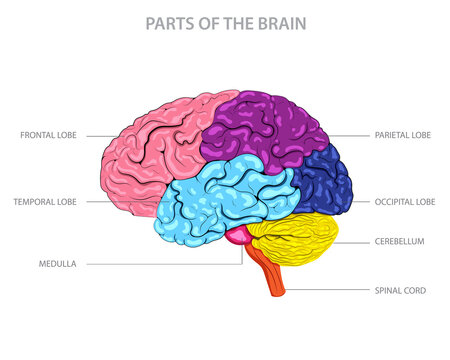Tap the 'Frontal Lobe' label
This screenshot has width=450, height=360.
(48, 134)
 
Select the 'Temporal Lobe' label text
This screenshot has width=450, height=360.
(45, 201)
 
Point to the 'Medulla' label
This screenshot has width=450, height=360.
(58, 264)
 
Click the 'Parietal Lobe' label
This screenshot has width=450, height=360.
(403, 134)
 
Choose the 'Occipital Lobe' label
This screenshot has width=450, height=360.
(404, 201)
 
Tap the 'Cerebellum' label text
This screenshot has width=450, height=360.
(400, 241)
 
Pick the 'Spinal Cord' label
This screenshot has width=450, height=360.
(401, 290)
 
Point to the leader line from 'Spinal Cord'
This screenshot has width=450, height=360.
(330, 290)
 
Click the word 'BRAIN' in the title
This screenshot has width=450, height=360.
(280, 21)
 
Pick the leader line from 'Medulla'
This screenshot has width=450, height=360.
(150, 264)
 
